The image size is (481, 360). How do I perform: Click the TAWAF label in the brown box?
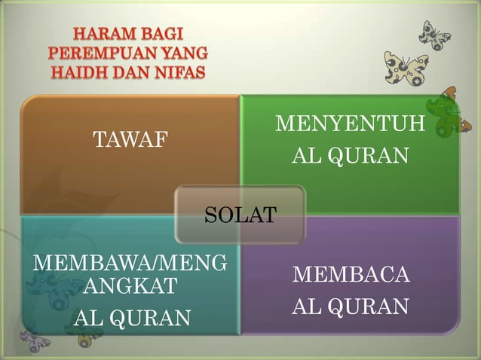pyautogui.click(x=130, y=139)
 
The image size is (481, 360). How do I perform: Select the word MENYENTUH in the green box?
pyautogui.click(x=350, y=123)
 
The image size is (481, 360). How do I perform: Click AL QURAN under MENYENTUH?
pyautogui.click(x=350, y=156)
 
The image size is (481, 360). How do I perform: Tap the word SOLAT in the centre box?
pyautogui.click(x=240, y=215)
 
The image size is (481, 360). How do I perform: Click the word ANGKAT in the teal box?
pyautogui.click(x=130, y=286)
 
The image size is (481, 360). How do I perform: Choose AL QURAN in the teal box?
pyautogui.click(x=131, y=319)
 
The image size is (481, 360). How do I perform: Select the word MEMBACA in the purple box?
pyautogui.click(x=351, y=274)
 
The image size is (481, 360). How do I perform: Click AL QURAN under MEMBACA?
pyautogui.click(x=351, y=307)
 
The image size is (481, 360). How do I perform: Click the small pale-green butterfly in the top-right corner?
pyautogui.click(x=435, y=34)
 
